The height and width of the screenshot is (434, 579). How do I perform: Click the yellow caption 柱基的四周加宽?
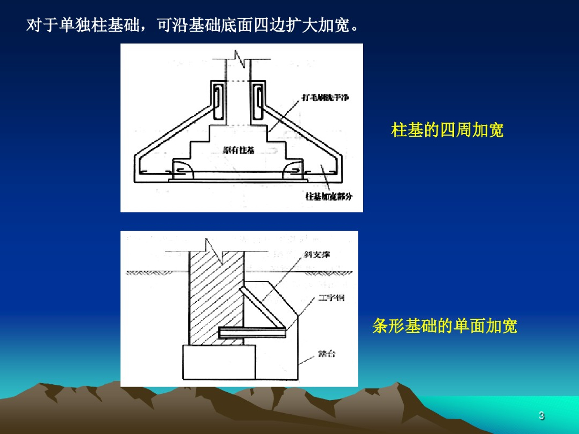(x=447, y=131)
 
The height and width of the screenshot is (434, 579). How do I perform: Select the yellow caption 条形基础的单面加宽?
(x=444, y=326)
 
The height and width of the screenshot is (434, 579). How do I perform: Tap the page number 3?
(x=541, y=416)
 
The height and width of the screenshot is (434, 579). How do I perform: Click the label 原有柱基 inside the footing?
(x=238, y=150)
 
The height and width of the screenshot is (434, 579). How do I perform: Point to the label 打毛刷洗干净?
(x=326, y=98)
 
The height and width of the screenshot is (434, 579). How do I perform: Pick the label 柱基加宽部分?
(x=329, y=196)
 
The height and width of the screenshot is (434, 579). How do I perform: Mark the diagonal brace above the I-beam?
(x=263, y=308)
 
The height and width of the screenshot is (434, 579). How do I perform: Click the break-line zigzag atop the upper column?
(x=239, y=58)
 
